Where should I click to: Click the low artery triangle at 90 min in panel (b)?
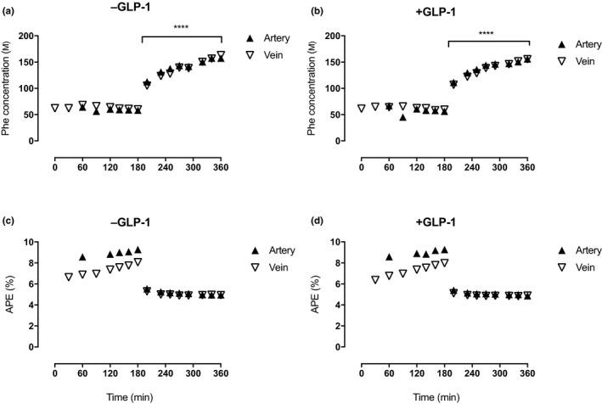tap(402, 117)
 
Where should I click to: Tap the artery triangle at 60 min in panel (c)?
tap(82, 257)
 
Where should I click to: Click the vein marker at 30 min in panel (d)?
tap(375, 279)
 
